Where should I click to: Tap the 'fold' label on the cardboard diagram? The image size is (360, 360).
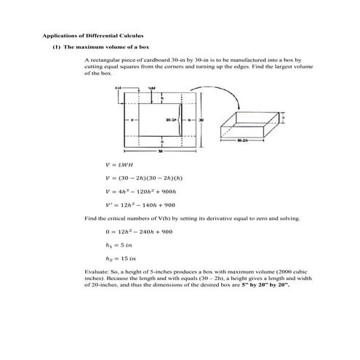[x=151, y=87]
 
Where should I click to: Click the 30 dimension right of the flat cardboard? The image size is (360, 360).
[x=201, y=119]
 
